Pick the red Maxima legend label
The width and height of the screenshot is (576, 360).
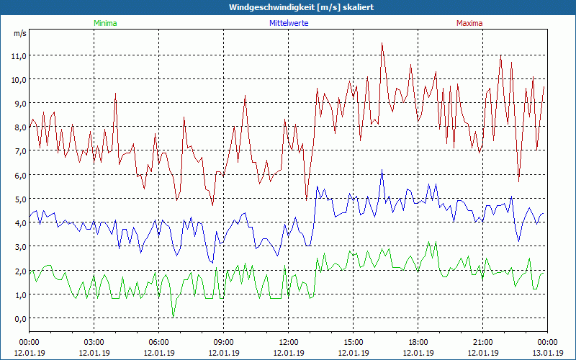[469, 23]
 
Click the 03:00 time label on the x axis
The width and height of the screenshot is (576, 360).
[94, 342]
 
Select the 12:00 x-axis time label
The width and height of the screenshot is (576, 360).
[289, 342]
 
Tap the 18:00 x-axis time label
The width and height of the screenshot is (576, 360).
[418, 342]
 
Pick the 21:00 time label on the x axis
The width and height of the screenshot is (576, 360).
[483, 342]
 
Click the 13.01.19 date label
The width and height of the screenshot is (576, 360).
[548, 353]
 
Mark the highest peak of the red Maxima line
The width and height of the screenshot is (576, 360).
[382, 43]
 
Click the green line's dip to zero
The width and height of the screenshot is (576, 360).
[173, 317]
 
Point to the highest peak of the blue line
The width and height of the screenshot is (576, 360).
[382, 170]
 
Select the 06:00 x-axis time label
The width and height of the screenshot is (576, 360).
[159, 342]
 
